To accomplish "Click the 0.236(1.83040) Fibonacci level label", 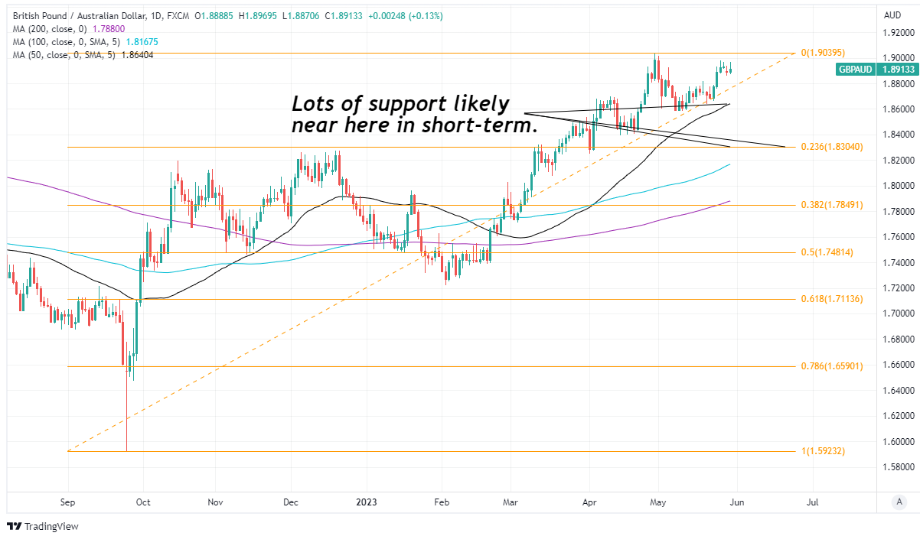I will (832, 147).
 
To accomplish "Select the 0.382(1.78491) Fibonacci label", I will (832, 205).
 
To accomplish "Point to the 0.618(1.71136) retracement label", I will (832, 299).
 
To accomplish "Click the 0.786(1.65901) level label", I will (832, 366).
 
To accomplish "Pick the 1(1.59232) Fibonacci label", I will (823, 451).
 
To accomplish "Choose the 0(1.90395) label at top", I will (823, 54).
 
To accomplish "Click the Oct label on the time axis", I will (143, 502).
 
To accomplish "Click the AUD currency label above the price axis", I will (892, 15).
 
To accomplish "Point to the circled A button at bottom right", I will (901, 502).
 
